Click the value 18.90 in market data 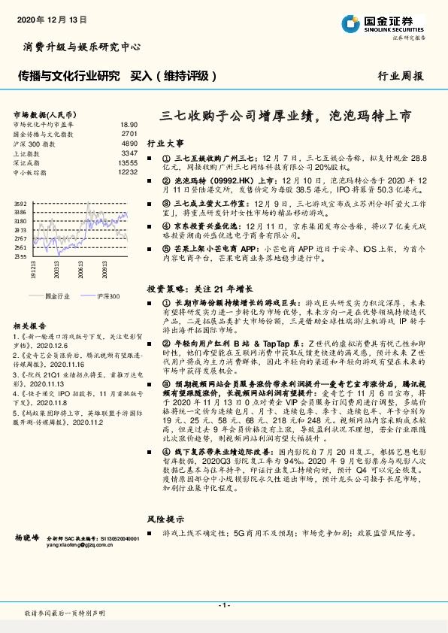[x=129, y=124]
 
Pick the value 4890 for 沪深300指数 [x=129, y=143]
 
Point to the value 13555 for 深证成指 [x=127, y=162]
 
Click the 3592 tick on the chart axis [x=20, y=204]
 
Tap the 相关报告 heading [x=31, y=326]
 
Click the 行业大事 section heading [x=165, y=142]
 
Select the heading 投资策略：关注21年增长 [x=199, y=287]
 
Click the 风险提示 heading [x=165, y=519]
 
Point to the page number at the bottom [x=223, y=605]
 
